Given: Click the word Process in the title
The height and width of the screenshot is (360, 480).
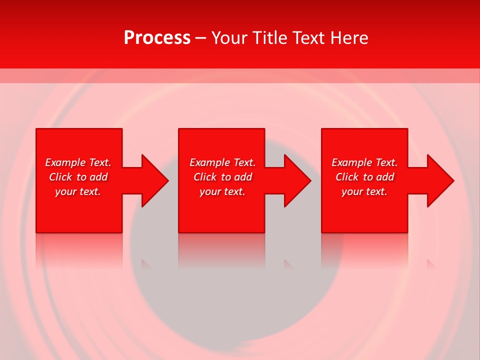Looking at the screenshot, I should pos(157,38).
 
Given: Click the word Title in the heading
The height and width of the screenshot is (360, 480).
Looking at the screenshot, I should pos(269,38).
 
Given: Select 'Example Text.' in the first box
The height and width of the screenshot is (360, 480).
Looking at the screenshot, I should pos(78,162).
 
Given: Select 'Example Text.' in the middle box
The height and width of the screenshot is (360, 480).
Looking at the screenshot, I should pos(222,162).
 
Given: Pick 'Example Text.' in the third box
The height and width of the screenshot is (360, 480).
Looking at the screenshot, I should pos(364,162).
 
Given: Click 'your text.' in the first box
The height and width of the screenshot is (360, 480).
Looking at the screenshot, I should pos(78,191).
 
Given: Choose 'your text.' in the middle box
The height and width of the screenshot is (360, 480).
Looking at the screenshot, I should pos(222,191).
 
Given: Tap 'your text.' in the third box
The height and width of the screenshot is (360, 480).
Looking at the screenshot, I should pos(364,191).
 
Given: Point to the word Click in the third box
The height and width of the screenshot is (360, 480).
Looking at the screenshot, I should pos(347,177).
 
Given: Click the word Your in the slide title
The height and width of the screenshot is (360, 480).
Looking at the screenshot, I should pos(228,38).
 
